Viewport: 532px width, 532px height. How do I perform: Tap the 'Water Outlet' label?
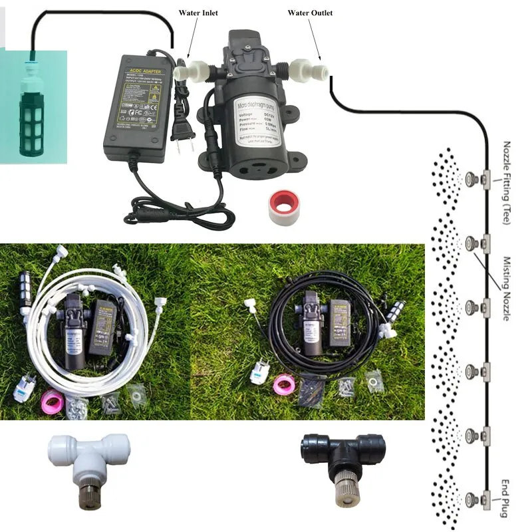(x=310, y=13)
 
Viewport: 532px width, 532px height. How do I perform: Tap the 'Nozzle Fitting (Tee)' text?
(x=507, y=182)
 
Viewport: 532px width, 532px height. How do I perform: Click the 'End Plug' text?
(x=507, y=495)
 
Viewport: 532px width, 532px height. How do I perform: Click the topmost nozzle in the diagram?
(x=472, y=178)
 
